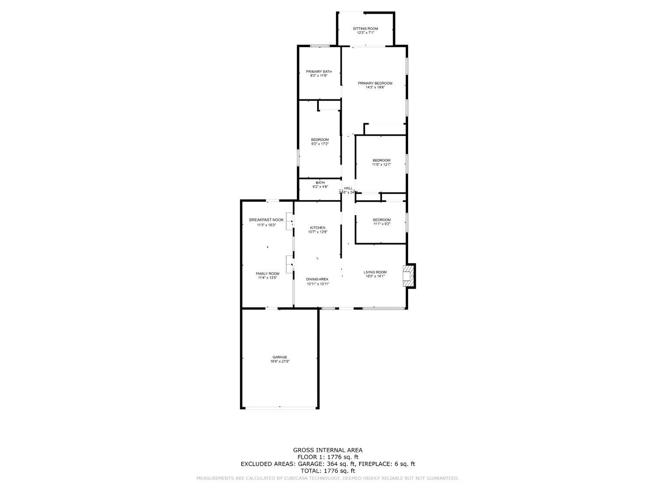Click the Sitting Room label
click(365, 28)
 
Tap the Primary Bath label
click(318, 72)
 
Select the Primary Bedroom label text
click(375, 83)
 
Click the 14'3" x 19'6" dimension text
click(375, 87)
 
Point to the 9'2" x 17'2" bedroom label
click(320, 142)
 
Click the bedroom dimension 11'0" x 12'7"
click(381, 165)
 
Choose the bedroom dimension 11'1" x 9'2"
click(381, 224)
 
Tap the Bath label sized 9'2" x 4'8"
click(320, 185)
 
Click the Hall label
click(348, 188)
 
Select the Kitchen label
click(318, 228)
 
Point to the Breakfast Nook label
click(266, 220)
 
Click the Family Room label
click(267, 274)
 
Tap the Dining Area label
click(317, 279)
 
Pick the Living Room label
click(375, 272)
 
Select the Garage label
click(279, 357)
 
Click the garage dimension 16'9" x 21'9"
click(279, 362)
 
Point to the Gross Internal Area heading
click(328, 450)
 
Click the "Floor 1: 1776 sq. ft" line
click(328, 457)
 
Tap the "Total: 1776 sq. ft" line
click(328, 471)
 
